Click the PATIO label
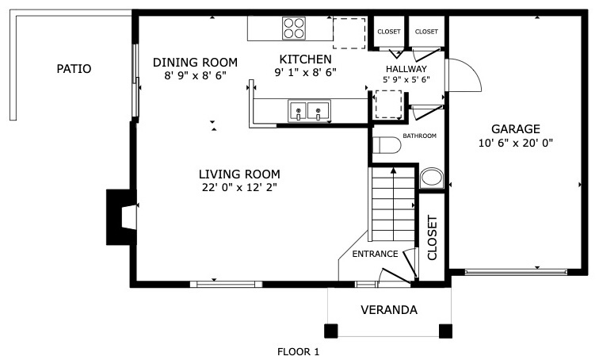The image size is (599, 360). [x=74, y=69]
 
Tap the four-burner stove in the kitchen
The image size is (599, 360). [x=294, y=29]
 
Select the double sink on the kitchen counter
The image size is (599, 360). [x=309, y=111]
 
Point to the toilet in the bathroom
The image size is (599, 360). [x=387, y=145]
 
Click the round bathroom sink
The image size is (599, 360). [x=432, y=178]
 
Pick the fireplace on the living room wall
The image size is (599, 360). [x=121, y=217]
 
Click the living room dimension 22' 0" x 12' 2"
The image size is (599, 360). [x=239, y=188]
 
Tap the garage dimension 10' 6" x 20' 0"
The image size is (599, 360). [x=516, y=143]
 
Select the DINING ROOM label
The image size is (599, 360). [x=195, y=62]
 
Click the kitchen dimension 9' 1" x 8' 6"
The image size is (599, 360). [x=306, y=72]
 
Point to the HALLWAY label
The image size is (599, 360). [x=406, y=69]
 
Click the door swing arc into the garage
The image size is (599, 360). [x=472, y=69]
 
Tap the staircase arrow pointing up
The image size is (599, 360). [x=393, y=205]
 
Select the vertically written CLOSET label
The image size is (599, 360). [x=432, y=238]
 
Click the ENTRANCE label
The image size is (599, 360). [x=375, y=254]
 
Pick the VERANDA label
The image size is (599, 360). [x=389, y=309]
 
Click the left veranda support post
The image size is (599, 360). [x=331, y=331]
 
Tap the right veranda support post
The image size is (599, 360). [x=445, y=331]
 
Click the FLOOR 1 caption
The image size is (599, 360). [x=298, y=351]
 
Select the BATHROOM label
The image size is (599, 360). [x=419, y=136]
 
